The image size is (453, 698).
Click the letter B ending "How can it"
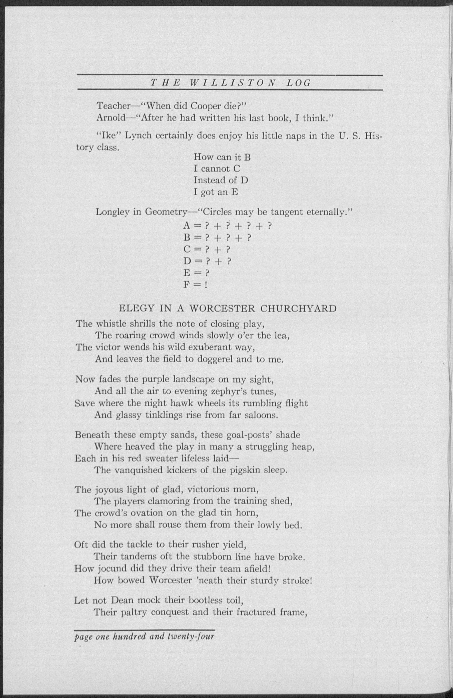click(x=247, y=157)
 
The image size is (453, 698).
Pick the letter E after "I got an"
click(x=235, y=192)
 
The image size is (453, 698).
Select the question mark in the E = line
click(x=207, y=273)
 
